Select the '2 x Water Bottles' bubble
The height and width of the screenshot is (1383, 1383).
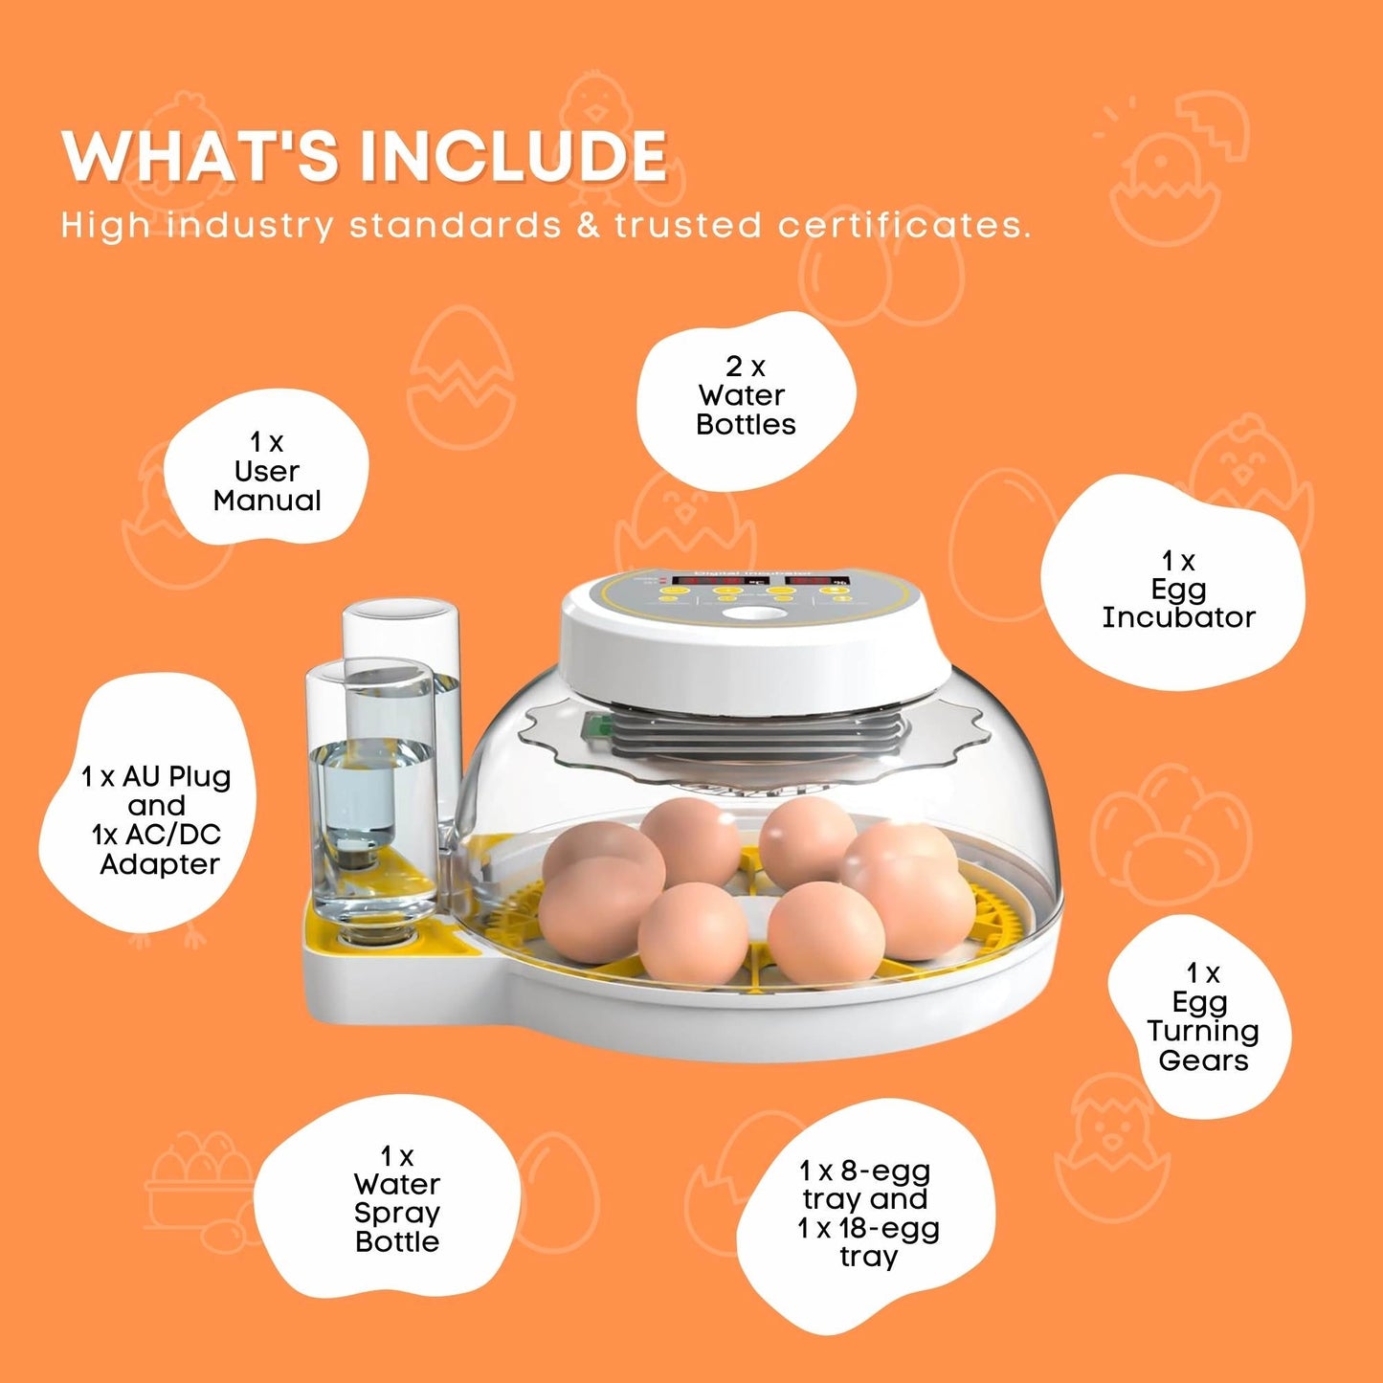point(746,396)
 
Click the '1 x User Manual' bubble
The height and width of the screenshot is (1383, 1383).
point(267,471)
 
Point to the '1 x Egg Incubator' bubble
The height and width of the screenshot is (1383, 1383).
point(1177,589)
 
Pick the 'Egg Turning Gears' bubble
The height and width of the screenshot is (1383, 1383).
point(1202,1017)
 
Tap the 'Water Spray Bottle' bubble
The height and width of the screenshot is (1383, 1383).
point(396,1199)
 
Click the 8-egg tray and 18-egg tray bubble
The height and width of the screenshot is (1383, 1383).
point(867,1214)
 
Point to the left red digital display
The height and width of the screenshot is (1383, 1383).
point(708,581)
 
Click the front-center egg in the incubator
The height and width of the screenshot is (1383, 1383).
point(693,931)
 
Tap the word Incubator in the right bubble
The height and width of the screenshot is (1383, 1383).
point(1177,617)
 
